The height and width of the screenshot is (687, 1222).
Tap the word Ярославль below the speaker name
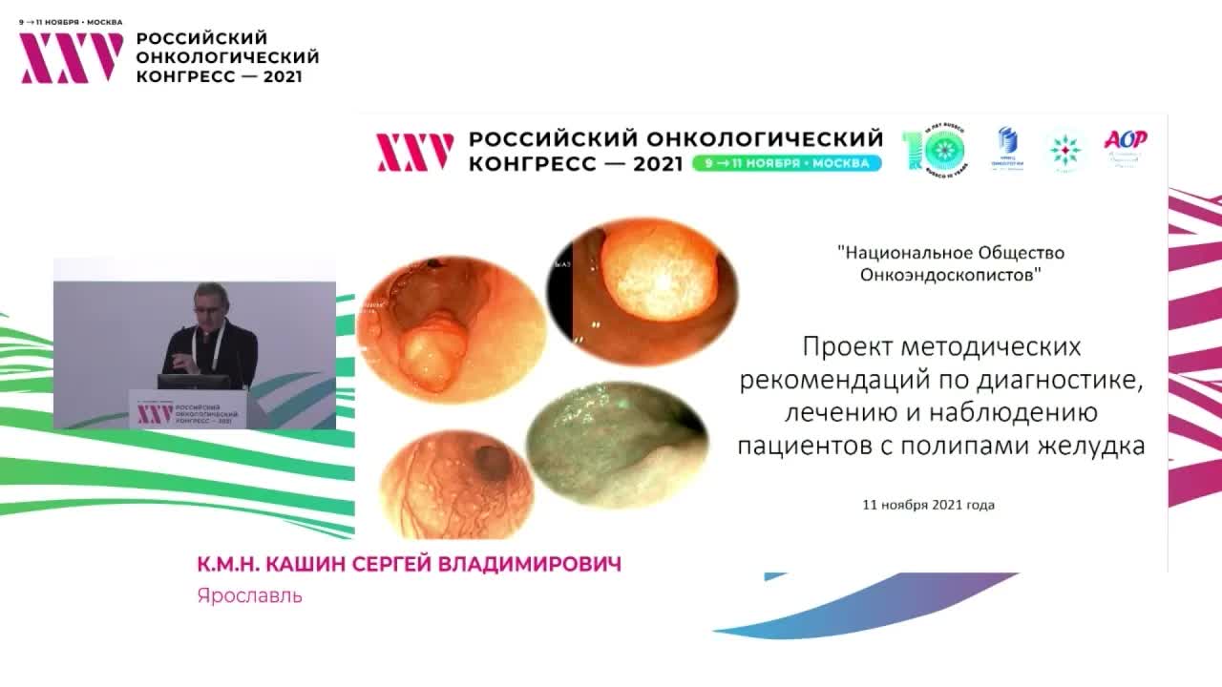(250, 596)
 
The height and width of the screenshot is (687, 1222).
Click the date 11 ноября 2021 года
(928, 504)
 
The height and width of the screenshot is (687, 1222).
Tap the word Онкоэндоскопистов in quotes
(950, 275)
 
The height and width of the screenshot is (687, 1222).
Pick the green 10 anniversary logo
(933, 150)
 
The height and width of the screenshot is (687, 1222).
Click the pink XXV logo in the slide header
(414, 152)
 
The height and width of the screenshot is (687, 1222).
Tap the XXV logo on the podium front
(155, 413)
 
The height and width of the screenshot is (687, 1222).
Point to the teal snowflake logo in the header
(1064, 149)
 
